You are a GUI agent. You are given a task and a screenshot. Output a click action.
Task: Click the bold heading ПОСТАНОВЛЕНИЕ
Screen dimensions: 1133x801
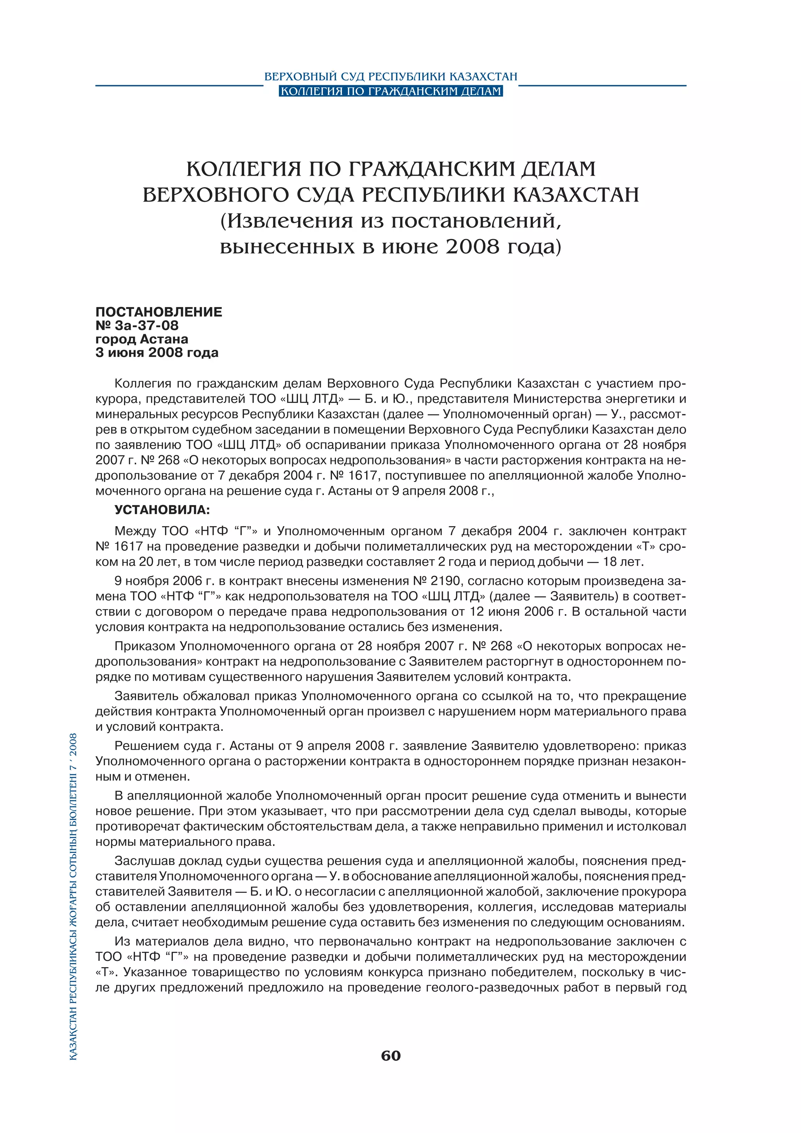point(158,312)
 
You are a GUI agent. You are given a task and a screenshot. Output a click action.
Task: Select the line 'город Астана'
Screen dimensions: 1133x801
point(142,339)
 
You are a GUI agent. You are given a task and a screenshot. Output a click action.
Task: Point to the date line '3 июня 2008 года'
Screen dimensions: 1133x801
point(156,353)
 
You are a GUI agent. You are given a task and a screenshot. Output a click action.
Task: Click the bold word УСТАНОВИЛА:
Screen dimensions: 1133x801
point(162,510)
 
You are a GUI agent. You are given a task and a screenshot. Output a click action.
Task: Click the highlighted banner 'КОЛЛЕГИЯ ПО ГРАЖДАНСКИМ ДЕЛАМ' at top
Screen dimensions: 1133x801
point(391,91)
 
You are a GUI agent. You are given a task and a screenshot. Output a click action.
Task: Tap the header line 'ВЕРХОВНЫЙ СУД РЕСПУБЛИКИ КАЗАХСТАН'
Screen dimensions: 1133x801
point(391,77)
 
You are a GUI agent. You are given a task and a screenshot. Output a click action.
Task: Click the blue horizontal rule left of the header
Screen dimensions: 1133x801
point(179,85)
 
